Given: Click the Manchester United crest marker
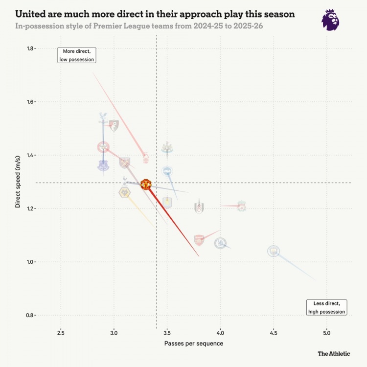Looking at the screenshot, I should (x=146, y=184).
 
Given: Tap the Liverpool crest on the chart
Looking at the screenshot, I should (x=242, y=206).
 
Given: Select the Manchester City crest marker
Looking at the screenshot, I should (x=274, y=251).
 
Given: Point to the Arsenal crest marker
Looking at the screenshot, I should (x=199, y=240).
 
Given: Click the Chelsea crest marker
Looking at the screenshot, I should (x=221, y=242).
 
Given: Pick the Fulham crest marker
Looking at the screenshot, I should (x=199, y=208).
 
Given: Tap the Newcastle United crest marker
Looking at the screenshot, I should (x=167, y=147).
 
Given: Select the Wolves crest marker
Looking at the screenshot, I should (x=125, y=192).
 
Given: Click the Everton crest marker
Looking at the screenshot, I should (x=103, y=165).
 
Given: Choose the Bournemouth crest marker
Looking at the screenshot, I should (x=114, y=125).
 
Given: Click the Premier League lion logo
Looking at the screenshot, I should (x=330, y=20).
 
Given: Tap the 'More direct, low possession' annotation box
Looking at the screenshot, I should (x=76, y=55).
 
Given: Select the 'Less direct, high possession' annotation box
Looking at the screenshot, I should (x=326, y=307).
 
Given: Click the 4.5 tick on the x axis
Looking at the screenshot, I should (x=274, y=333).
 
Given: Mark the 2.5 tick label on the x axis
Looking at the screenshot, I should (x=61, y=333).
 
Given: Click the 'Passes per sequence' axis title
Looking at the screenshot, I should (x=194, y=344).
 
